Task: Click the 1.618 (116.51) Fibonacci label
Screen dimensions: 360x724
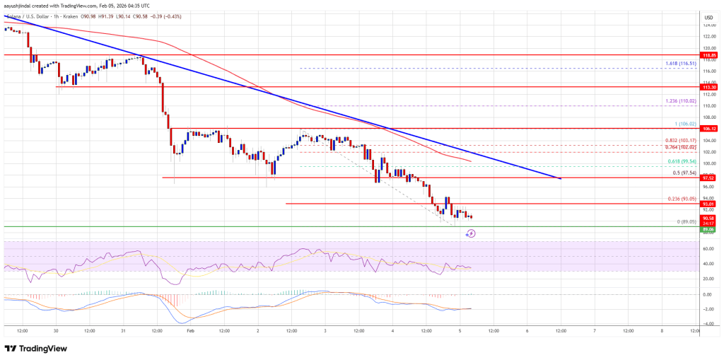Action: [x=682, y=64]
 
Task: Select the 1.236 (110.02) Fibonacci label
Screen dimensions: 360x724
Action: [x=682, y=101]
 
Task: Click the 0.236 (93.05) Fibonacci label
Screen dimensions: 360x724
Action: [x=682, y=199]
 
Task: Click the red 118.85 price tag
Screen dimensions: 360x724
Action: [x=709, y=54]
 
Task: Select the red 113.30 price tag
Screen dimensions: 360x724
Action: [x=709, y=86]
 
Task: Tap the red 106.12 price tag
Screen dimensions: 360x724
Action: [x=709, y=129]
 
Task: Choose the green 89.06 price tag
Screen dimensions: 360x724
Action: [x=709, y=229]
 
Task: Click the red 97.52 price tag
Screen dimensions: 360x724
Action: [x=709, y=178]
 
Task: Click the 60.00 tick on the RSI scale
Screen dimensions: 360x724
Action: [x=707, y=249]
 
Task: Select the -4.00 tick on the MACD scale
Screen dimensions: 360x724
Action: [x=707, y=323]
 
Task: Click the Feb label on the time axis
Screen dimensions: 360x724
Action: [x=190, y=330]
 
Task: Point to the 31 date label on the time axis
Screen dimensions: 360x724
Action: [x=123, y=330]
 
